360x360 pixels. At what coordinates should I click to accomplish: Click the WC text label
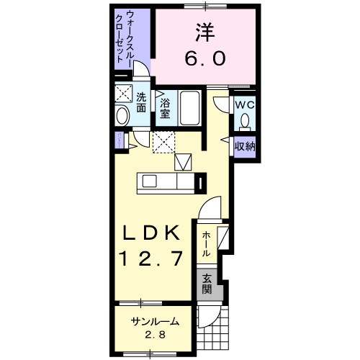click(x=246, y=103)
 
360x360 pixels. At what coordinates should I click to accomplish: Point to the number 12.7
click(x=153, y=256)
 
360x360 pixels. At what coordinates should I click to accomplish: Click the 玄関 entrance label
click(x=207, y=285)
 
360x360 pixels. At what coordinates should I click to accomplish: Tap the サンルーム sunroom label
click(x=155, y=322)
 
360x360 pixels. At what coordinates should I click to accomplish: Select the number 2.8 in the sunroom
click(x=155, y=336)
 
